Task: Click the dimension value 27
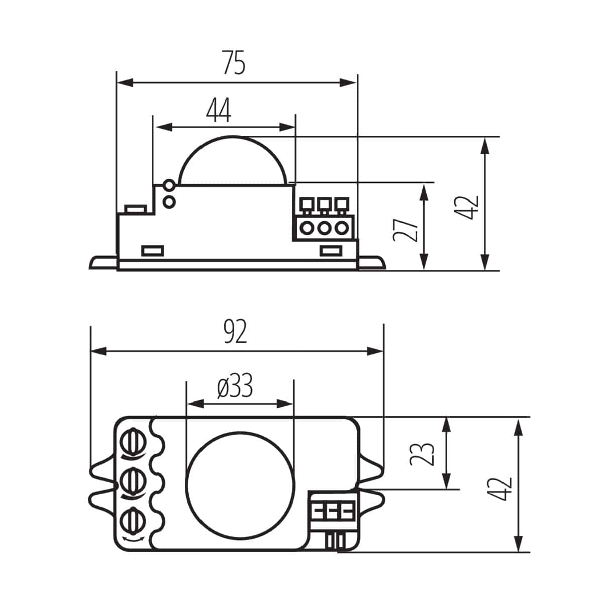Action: pos(406,229)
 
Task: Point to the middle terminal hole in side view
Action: pos(324,228)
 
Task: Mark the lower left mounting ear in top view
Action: pos(103,503)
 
